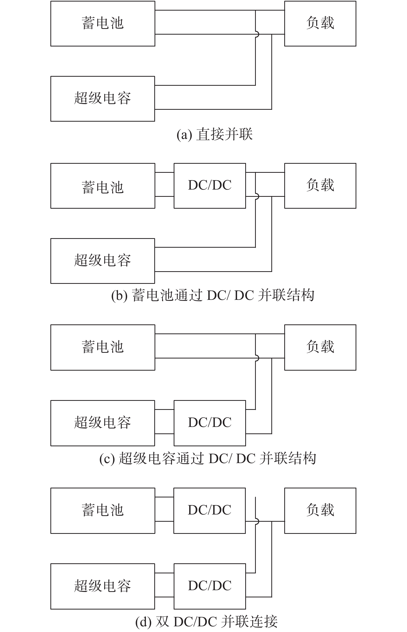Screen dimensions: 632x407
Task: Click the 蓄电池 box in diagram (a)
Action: (103, 24)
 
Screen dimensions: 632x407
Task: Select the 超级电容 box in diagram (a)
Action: (103, 98)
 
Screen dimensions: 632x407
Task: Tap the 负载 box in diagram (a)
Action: (320, 24)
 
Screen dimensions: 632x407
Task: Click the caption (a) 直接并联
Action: (214, 134)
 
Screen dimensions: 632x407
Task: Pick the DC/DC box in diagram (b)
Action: (210, 186)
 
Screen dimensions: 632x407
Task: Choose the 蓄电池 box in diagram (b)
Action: (103, 186)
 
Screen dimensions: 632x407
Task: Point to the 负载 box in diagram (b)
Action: (320, 186)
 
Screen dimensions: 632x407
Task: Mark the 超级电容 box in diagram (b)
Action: (103, 261)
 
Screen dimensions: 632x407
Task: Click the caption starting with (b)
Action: (213, 295)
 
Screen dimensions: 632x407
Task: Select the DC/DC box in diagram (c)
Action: (210, 423)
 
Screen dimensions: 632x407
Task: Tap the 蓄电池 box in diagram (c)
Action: (103, 347)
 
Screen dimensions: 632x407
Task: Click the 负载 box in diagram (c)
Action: (320, 347)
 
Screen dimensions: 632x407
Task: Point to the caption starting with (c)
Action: (208, 458)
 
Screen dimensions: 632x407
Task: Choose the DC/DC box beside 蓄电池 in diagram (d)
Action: (210, 511)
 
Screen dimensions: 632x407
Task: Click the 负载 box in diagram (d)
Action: (320, 511)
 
